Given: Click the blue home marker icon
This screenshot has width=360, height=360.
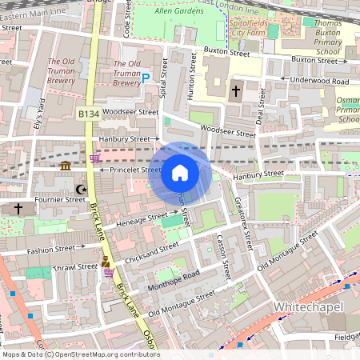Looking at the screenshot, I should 180,172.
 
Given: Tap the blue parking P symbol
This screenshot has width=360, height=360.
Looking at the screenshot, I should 146,78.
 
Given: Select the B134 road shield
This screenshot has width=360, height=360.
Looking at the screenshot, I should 89,115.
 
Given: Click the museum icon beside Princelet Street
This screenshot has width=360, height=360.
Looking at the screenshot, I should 66,166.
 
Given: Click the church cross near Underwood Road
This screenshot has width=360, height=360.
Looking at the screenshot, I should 236,91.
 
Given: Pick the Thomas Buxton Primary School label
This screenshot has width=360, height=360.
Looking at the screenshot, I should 328,38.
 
